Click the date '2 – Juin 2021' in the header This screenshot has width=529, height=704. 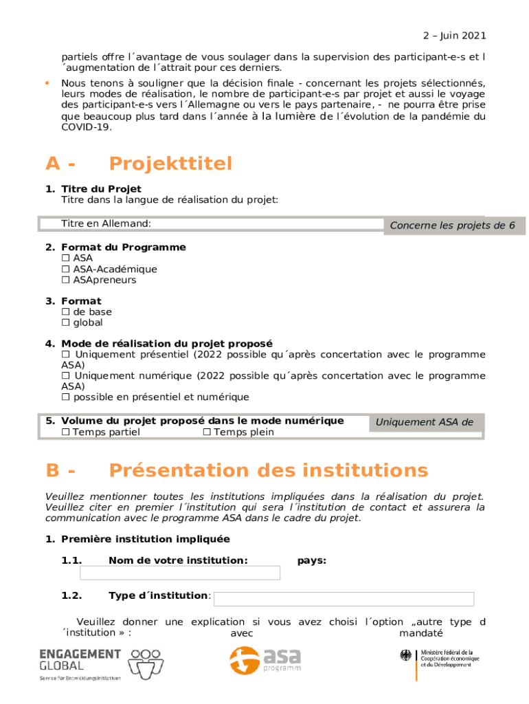pos(454,36)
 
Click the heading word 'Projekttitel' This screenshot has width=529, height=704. pos(170,164)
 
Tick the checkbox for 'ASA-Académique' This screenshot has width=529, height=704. pos(66,269)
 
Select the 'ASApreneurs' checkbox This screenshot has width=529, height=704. pos(66,280)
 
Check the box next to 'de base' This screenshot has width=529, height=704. pos(66,312)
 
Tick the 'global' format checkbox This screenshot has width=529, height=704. pos(66,323)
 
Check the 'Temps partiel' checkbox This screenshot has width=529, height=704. pos(66,432)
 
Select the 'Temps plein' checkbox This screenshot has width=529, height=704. pos(207,432)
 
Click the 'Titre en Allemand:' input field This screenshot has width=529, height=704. pos(261,224)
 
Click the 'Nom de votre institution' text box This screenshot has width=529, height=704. pos(180,573)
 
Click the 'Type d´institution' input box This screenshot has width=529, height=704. pos(344,599)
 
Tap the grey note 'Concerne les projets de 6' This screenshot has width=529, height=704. pos(453,225)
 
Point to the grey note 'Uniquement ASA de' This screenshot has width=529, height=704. pos(425,422)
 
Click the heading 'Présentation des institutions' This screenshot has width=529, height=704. pos(268,471)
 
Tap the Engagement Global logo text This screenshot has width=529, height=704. pos(80,659)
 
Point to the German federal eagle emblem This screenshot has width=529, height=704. pos(406,656)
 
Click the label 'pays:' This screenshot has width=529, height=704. pos(311,561)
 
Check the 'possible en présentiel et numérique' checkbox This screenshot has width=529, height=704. pos(66,397)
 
